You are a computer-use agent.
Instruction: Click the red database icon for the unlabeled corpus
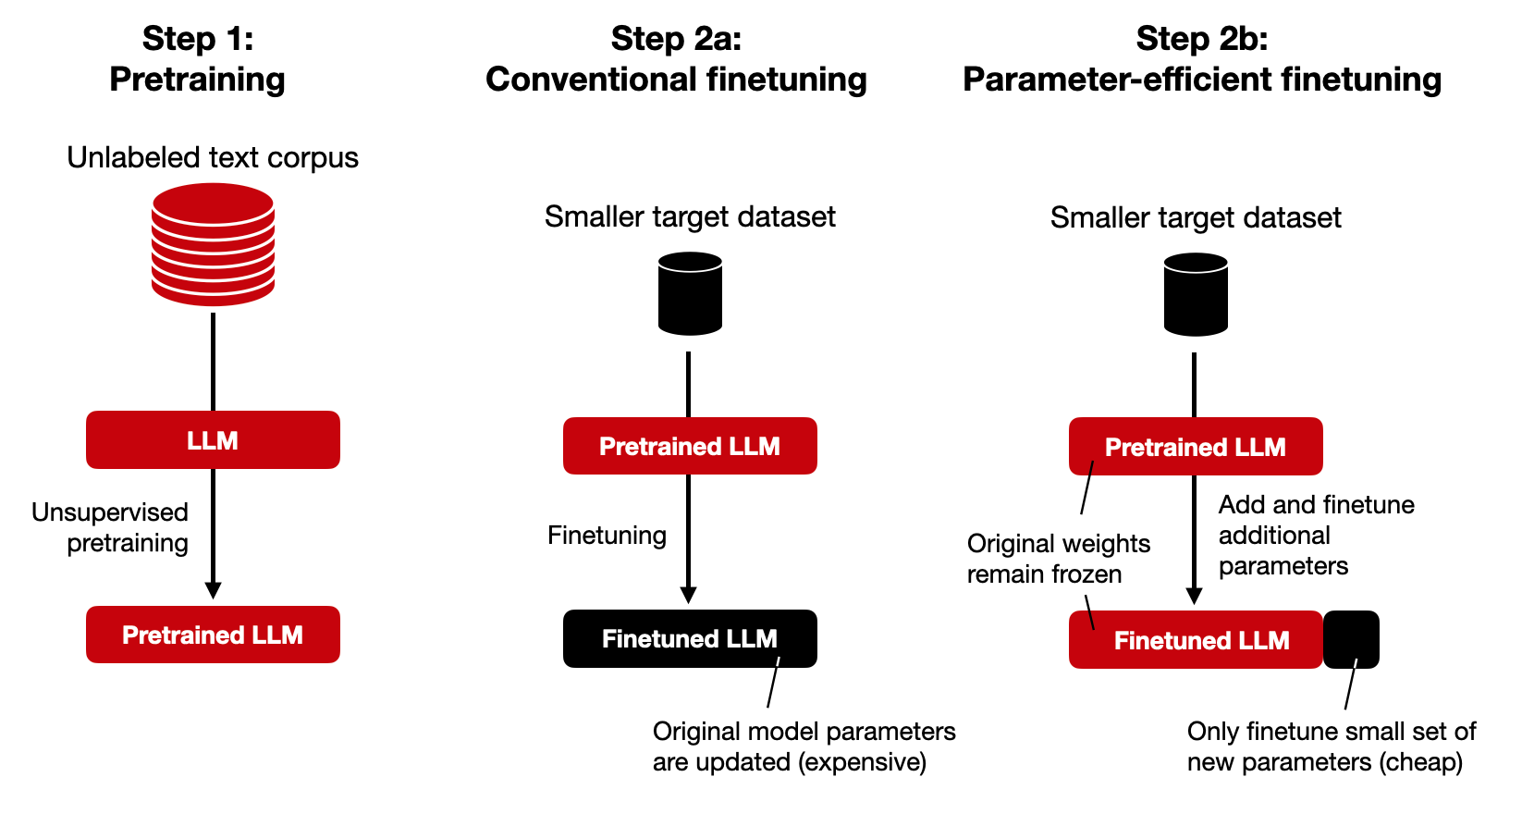[x=213, y=244]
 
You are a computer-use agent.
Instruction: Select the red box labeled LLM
[x=213, y=440]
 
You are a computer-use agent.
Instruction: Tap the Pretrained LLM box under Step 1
[x=213, y=635]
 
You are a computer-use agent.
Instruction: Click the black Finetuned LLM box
[x=690, y=638]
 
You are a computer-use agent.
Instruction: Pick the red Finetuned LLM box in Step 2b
[x=1196, y=640]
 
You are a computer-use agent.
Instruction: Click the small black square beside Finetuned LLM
[x=1351, y=639]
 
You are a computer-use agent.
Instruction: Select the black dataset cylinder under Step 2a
[x=690, y=294]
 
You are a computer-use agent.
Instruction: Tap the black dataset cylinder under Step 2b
[x=1196, y=295]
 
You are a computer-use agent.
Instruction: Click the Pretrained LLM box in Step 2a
[x=690, y=446]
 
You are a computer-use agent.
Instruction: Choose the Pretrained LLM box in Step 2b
[x=1196, y=447]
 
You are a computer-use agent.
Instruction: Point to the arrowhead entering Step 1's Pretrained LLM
[x=213, y=590]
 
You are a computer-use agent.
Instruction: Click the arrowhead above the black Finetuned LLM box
[x=688, y=595]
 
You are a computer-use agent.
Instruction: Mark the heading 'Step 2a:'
[x=676, y=39]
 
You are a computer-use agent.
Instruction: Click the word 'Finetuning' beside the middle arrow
[x=607, y=536]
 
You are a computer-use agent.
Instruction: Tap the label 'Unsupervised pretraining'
[x=111, y=527]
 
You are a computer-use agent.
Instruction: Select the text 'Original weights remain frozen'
[x=1058, y=559]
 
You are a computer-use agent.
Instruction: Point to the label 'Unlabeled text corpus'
[x=213, y=157]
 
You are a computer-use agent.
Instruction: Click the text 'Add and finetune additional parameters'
[x=1315, y=536]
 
